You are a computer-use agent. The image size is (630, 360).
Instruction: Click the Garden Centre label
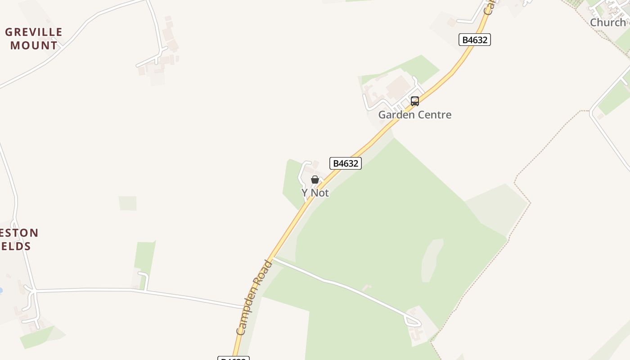click(414, 115)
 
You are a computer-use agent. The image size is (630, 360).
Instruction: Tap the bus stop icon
click(415, 101)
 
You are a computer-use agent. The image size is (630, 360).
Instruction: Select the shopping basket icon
click(315, 180)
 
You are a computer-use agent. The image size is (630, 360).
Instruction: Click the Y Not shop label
click(315, 193)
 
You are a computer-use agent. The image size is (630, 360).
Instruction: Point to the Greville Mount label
click(34, 39)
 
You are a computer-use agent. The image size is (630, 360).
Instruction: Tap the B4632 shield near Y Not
click(346, 163)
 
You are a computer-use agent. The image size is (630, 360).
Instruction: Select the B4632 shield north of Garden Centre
click(475, 40)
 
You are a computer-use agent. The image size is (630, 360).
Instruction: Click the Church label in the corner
click(607, 22)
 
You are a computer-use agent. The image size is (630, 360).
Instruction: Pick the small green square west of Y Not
click(127, 203)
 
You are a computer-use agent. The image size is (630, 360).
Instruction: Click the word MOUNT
click(34, 45)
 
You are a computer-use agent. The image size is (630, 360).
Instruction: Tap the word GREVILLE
click(34, 32)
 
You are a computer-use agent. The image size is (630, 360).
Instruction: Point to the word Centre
click(435, 115)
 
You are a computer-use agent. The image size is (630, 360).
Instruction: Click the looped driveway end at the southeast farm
click(413, 322)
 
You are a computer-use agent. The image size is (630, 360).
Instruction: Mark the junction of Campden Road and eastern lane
click(273, 258)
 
